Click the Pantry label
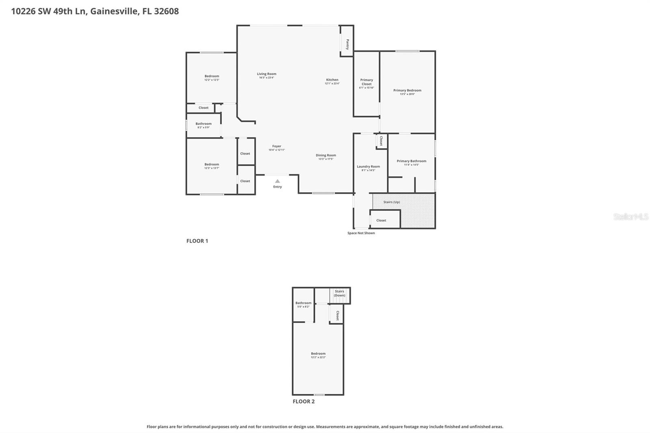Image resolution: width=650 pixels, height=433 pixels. pos(348,44)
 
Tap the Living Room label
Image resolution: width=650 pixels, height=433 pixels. pos(266,74)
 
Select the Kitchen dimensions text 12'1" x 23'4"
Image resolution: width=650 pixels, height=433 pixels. pos(332,84)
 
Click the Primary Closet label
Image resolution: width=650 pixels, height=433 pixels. pos(366,82)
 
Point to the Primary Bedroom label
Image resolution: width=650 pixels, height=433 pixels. pos(407,90)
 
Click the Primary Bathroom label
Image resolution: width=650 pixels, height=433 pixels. pos(412,161)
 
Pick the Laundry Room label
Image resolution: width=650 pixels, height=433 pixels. pos(368,167)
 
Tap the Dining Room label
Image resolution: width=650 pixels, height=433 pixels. pos(326,155)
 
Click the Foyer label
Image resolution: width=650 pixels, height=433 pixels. pos(277,146)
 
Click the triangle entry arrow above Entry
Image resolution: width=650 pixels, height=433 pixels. pos(277,181)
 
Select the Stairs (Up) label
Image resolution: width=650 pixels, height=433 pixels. pos(392,202)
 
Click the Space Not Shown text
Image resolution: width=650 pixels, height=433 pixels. pos(361,233)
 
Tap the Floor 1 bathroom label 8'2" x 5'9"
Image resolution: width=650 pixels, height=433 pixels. pos(204,126)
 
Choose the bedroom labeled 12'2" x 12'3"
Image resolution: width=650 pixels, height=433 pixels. pos(212,78)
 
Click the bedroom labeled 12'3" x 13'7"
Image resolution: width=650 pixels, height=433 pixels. pos(212,166)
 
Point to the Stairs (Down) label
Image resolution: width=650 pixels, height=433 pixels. pos(340,293)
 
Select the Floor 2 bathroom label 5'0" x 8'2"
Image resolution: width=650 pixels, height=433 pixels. pos(303,305)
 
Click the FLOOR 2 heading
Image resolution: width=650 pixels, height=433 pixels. pos(303,401)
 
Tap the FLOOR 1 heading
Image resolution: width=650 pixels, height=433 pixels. pos(197,241)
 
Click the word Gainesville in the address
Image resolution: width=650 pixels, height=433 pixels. pos(114,11)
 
